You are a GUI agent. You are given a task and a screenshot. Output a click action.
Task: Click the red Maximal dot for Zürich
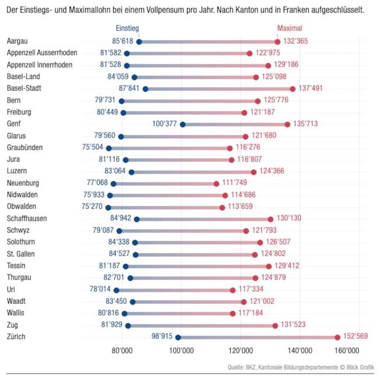[337, 337]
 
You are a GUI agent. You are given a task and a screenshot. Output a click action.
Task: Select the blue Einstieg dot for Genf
[182, 124]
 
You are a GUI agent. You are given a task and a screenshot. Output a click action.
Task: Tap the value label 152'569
[355, 337]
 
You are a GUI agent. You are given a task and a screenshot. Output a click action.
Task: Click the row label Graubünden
[25, 147]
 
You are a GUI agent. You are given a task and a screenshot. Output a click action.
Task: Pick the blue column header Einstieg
[128, 29]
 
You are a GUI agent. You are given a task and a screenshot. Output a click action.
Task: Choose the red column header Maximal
[290, 29]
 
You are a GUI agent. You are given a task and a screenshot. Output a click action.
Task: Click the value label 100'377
[165, 124]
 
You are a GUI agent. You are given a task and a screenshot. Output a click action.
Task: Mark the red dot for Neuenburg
[216, 184]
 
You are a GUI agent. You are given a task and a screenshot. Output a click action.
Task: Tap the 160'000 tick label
[347, 351]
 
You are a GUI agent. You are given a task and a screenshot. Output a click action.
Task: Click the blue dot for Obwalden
[108, 207]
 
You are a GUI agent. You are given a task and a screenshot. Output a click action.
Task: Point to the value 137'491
[310, 88]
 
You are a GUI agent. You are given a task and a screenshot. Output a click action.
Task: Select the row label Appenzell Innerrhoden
[40, 65]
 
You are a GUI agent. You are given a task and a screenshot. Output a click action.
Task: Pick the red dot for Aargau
[277, 42]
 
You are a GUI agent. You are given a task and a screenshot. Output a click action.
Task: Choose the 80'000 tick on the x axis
[122, 351]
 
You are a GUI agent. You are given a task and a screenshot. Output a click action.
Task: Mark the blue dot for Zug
[128, 326]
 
